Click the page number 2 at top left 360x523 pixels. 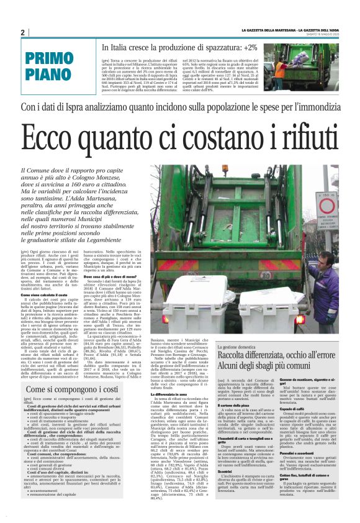coord(22,32)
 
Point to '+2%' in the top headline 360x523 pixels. coord(251,47)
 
